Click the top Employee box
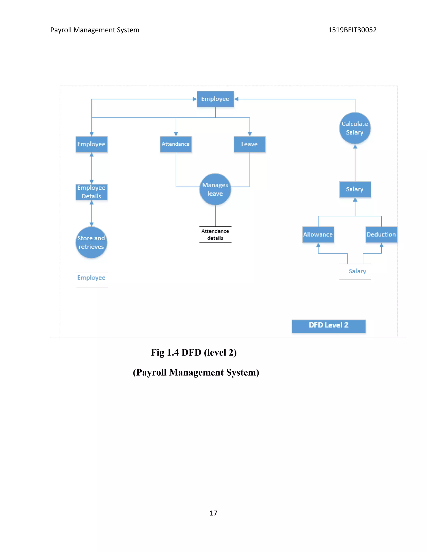[x=215, y=99]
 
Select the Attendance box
[x=176, y=144]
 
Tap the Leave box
[x=249, y=144]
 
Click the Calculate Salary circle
[x=355, y=128]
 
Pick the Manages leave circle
[x=215, y=189]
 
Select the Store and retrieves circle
[x=91, y=242]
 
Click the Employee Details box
[x=91, y=192]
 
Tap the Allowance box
[x=318, y=235]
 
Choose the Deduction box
[x=381, y=235]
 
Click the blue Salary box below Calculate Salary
[x=355, y=189]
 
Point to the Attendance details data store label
[x=215, y=235]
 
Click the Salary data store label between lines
[x=357, y=271]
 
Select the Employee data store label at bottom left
[x=91, y=278]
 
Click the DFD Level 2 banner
[x=328, y=326]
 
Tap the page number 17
[x=213, y=513]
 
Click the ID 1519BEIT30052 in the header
[x=352, y=30]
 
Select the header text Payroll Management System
[x=95, y=30]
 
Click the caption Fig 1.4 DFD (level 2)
[x=194, y=353]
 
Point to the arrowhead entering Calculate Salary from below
[x=355, y=147]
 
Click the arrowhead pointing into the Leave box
[x=250, y=134]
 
